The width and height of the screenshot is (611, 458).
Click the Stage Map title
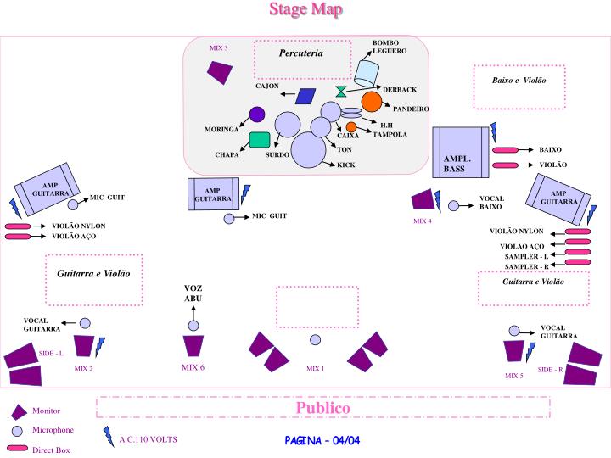tap(305, 9)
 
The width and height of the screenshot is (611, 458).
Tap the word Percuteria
tap(301, 53)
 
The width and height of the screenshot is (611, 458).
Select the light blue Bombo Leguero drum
tap(368, 72)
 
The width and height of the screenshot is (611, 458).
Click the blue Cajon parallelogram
tap(305, 96)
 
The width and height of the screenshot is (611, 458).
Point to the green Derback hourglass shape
tap(340, 91)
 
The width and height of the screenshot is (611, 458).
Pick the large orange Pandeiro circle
tap(372, 102)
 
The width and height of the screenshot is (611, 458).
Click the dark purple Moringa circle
tap(256, 114)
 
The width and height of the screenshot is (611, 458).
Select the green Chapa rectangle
tap(260, 140)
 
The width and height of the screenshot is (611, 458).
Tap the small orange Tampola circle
tap(351, 127)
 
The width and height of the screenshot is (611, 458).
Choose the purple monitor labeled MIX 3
tap(220, 72)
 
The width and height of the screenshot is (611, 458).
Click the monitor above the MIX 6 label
tap(193, 346)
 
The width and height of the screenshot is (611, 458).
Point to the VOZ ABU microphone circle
tap(193, 326)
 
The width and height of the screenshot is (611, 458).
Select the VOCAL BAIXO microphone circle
tap(454, 205)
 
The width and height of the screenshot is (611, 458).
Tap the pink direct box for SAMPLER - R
tap(578, 263)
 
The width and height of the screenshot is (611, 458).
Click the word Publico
tap(322, 408)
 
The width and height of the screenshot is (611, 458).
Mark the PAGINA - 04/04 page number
tap(322, 440)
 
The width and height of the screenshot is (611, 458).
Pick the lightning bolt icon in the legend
tap(108, 436)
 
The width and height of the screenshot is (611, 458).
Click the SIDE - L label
tap(51, 353)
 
